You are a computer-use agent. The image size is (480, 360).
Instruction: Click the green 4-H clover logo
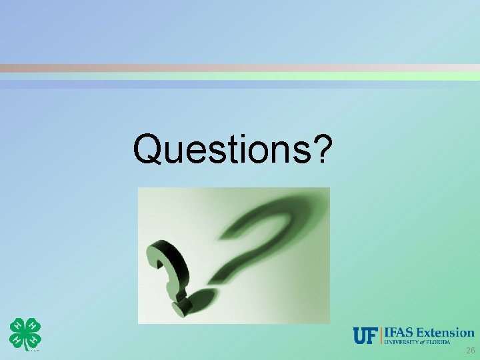tap(25, 333)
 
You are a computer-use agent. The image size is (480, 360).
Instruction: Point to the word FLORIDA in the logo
tap(458, 342)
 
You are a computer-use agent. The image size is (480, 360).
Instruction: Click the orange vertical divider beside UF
tap(382, 336)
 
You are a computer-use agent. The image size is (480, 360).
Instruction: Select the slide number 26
tap(470, 351)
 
